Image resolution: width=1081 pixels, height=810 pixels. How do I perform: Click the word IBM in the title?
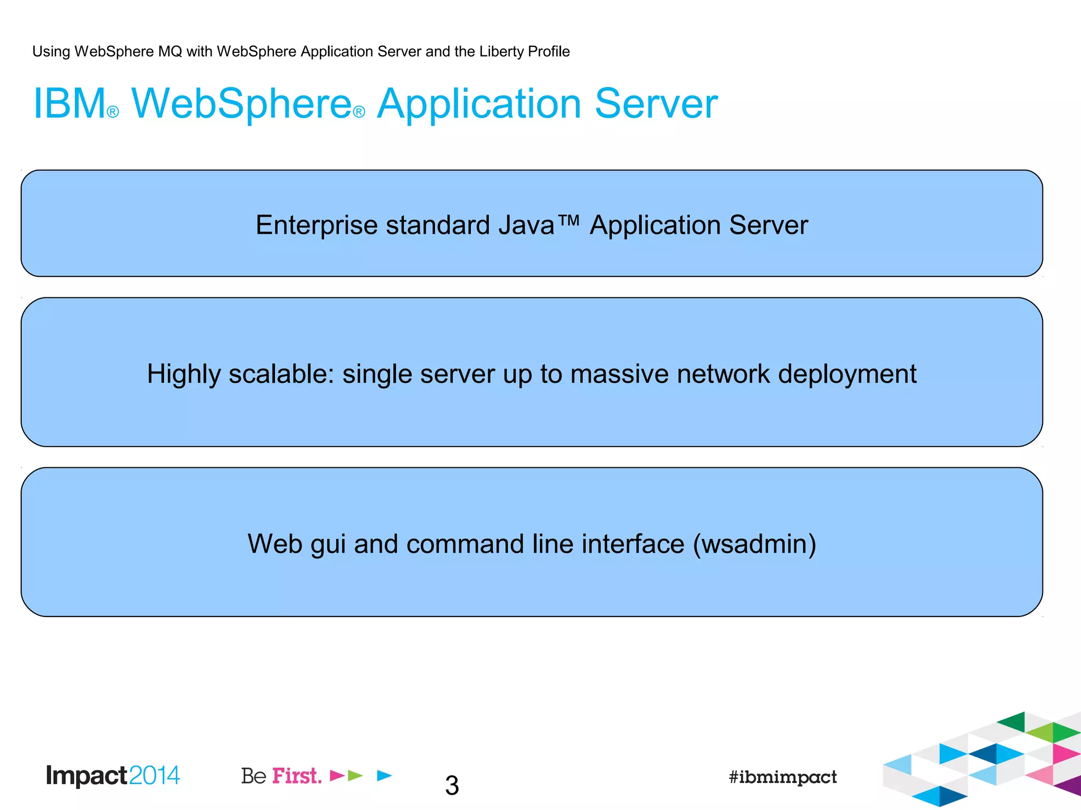[x=70, y=103]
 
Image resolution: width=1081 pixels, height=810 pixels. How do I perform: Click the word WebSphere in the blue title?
[x=241, y=103]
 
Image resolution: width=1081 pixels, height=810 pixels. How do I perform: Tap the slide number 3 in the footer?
[x=452, y=785]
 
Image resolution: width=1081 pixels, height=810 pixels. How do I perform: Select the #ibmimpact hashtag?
[x=783, y=777]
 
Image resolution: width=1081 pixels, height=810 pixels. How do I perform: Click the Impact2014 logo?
[x=113, y=776]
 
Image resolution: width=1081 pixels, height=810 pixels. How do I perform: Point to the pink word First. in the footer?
[x=297, y=776]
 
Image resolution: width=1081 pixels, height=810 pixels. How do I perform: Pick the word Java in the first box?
[x=526, y=225]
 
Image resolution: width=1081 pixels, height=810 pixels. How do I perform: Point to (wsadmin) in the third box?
[x=755, y=544]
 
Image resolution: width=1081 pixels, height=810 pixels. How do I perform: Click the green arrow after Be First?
[x=356, y=775]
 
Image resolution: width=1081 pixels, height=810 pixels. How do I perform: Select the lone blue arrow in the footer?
[x=385, y=775]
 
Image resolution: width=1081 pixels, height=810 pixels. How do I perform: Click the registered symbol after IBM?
[x=113, y=112]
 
